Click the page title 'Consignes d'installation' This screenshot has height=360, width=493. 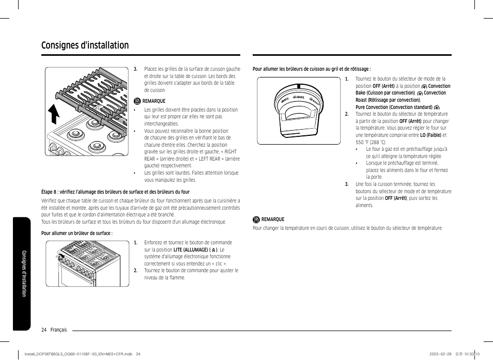85,45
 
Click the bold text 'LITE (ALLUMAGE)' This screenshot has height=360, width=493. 191,249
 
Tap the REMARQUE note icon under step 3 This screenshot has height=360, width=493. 137,101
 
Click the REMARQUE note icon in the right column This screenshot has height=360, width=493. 256,220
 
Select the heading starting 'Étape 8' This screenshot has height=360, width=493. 115,192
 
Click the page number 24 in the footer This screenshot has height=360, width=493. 44,330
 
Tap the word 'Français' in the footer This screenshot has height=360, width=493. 58,330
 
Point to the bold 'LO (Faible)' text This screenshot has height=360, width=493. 430,135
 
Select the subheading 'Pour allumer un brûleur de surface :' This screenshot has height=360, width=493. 77,233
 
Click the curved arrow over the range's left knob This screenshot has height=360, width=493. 61,256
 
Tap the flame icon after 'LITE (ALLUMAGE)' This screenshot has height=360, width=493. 213,250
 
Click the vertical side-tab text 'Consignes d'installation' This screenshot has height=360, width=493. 24,273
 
